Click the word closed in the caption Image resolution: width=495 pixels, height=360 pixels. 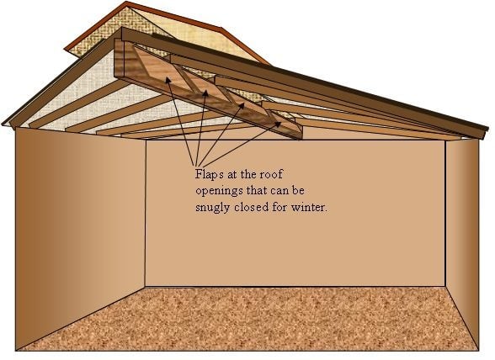251,207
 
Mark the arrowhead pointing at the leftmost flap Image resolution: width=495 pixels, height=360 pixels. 168,81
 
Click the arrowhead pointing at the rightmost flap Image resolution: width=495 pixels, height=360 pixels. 278,124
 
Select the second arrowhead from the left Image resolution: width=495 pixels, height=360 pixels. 205,93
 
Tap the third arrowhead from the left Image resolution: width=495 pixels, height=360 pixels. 241,106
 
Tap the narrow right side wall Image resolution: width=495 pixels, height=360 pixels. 462,240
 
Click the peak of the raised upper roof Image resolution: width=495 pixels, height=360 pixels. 127,3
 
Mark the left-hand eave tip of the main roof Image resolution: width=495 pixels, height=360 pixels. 3,124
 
